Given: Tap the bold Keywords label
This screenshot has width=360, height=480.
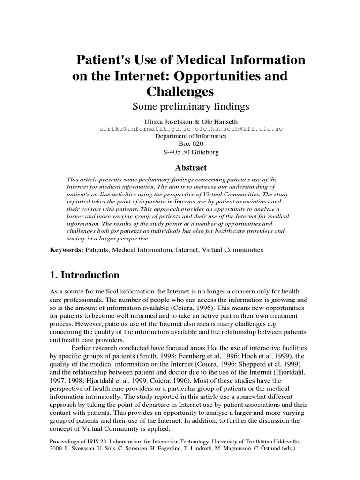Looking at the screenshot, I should tap(67, 250).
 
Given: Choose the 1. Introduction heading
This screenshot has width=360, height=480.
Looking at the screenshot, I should tap(85, 275).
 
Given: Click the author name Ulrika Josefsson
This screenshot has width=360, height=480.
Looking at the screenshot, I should tap(166, 120).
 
